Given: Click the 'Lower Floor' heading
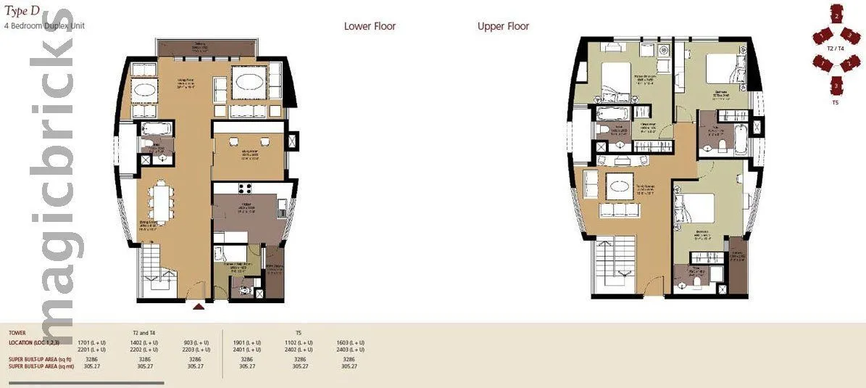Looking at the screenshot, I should tap(370, 27).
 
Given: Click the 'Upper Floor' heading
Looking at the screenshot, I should tap(503, 27).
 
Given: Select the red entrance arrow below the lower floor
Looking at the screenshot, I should tap(198, 307).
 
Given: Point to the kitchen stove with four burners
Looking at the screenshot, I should tap(244, 190).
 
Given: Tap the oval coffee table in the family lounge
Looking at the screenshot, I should tap(620, 186).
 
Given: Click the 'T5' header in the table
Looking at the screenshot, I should tap(299, 333).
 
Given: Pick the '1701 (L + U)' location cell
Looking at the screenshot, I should tap(93, 342).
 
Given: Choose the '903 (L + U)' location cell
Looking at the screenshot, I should tap(195, 342).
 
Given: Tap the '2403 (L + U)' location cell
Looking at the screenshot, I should tap(350, 350).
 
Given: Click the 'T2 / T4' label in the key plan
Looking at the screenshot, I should tap(835, 48).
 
